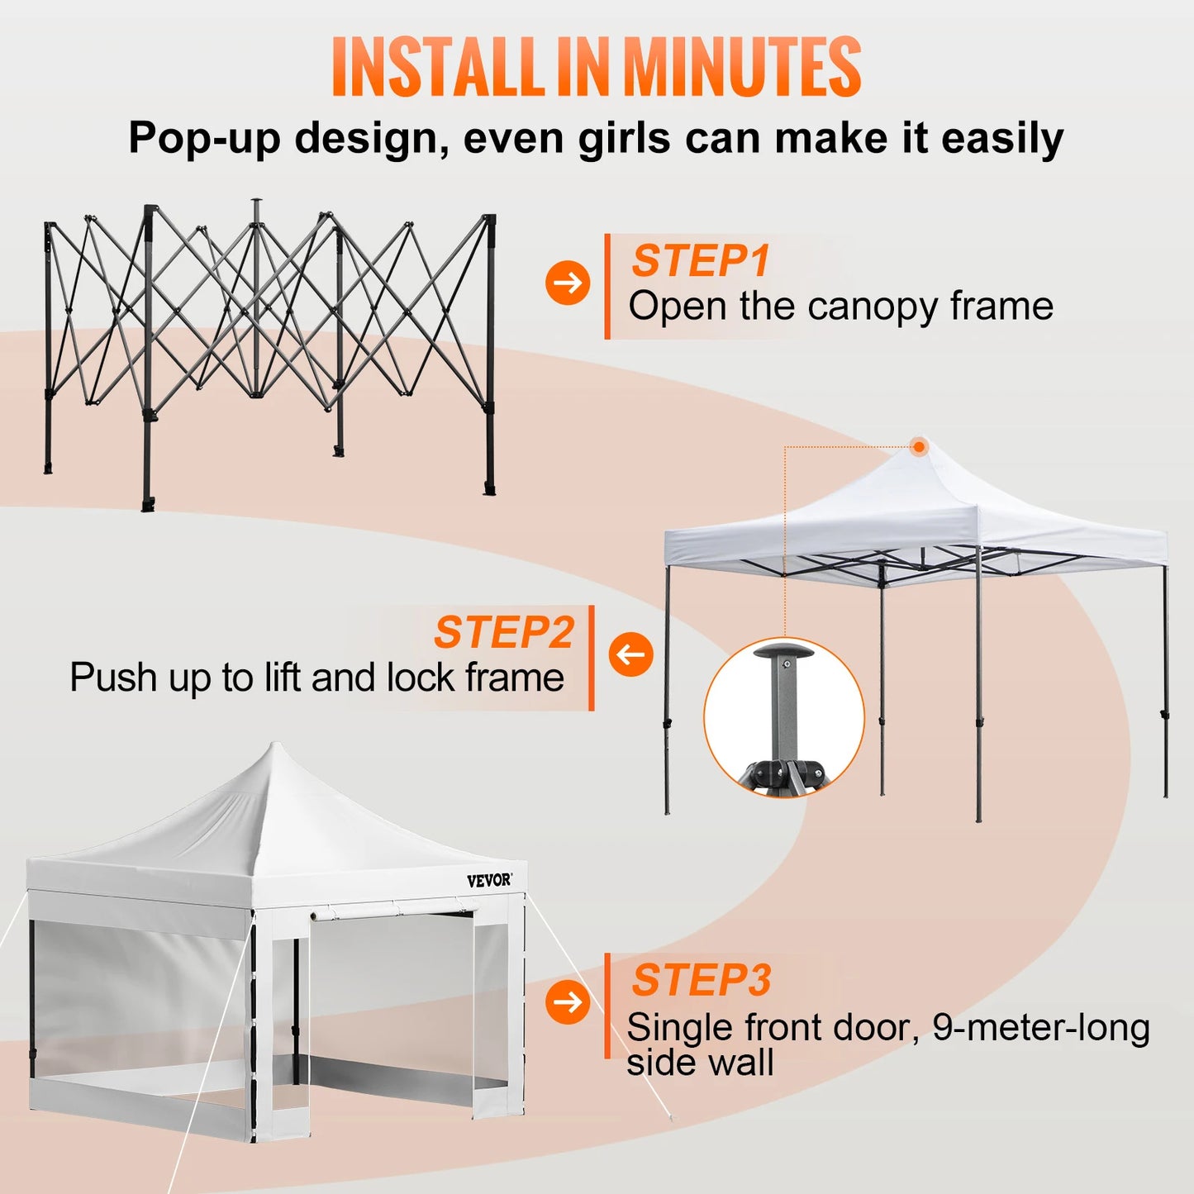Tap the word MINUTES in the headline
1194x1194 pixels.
pyautogui.click(x=741, y=68)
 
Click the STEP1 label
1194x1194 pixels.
pyautogui.click(x=701, y=261)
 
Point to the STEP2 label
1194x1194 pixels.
pyautogui.click(x=504, y=633)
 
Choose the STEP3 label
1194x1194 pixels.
pyautogui.click(x=702, y=981)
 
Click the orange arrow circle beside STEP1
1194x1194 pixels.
pyautogui.click(x=568, y=283)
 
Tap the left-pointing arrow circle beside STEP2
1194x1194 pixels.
pyautogui.click(x=631, y=654)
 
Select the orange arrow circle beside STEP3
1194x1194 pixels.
pyautogui.click(x=568, y=1002)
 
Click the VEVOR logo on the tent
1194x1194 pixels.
pyautogui.click(x=489, y=881)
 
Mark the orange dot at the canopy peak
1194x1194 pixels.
pyautogui.click(x=919, y=447)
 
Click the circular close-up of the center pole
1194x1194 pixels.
pyautogui.click(x=783, y=717)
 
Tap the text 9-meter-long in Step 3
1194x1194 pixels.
pyautogui.click(x=1041, y=1028)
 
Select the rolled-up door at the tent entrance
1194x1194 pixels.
pyautogui.click(x=392, y=911)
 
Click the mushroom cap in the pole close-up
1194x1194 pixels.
pyautogui.click(x=783, y=652)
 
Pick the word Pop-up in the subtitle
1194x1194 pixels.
pyautogui.click(x=205, y=138)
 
